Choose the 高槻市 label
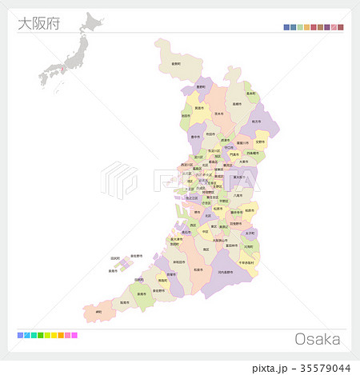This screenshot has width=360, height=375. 236,104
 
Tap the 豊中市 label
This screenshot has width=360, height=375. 196,137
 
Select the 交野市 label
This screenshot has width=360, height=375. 261,143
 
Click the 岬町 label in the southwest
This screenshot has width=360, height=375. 99,311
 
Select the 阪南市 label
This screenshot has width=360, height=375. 124,303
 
